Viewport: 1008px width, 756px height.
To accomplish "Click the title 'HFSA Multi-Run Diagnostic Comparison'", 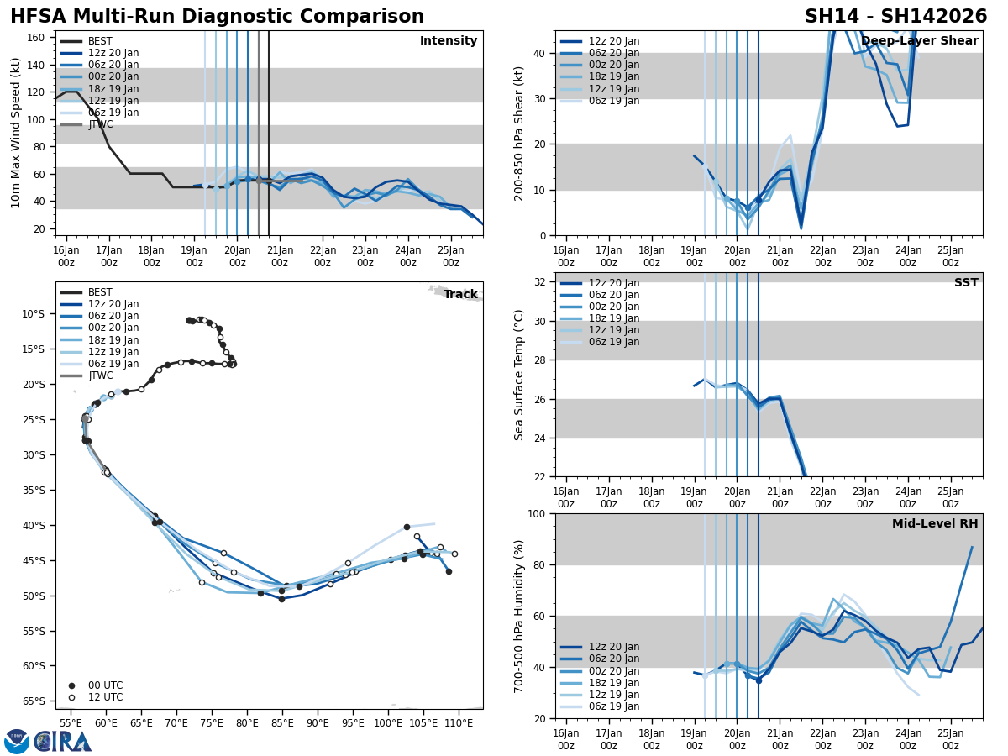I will pos(217,17).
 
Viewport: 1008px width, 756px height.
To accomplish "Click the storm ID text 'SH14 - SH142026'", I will pos(895,17).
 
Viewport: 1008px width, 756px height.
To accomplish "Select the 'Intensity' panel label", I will pos(449,41).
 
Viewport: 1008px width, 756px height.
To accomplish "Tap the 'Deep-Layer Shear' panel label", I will pos(919,41).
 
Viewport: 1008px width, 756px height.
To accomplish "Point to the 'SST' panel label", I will pos(966,283).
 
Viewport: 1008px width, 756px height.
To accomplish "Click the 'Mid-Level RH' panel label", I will pos(935,524).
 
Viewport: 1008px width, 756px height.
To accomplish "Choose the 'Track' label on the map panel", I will pos(460,295).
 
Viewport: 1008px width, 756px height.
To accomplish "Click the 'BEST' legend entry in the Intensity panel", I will pos(100,41).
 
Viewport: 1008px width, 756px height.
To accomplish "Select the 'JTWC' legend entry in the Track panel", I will pos(100,375).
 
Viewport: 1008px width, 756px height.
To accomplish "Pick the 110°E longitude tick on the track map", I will pos(459,722).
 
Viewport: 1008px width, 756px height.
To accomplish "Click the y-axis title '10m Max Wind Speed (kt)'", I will pos(15,133).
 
